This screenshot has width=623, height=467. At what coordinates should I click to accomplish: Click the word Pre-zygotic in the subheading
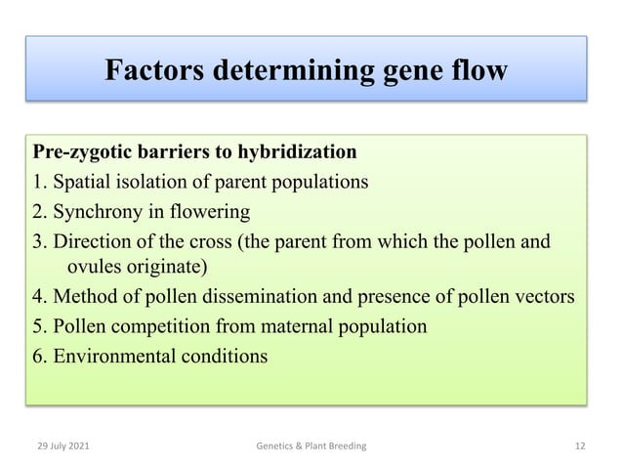82,153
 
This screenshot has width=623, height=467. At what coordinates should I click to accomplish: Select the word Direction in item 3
94,240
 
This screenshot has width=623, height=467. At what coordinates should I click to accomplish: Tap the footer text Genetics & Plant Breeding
311,446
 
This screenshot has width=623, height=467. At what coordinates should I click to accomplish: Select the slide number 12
580,446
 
